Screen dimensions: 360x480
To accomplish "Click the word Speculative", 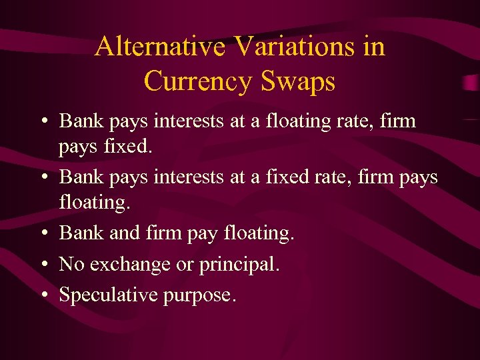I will [107, 295].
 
